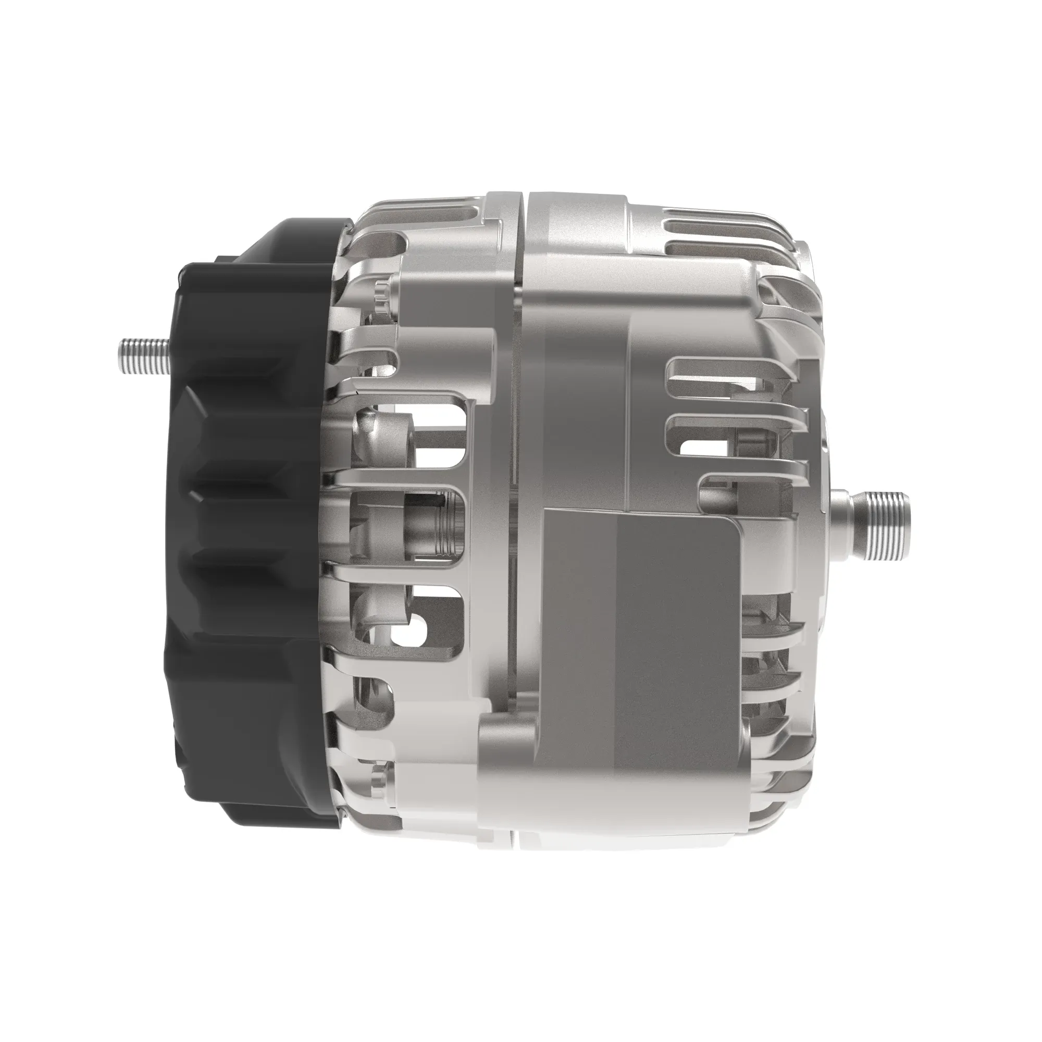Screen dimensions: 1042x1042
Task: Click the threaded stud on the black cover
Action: [141, 357]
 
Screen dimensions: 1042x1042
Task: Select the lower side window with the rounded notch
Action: [426, 626]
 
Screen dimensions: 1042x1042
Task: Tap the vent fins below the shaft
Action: [771, 647]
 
